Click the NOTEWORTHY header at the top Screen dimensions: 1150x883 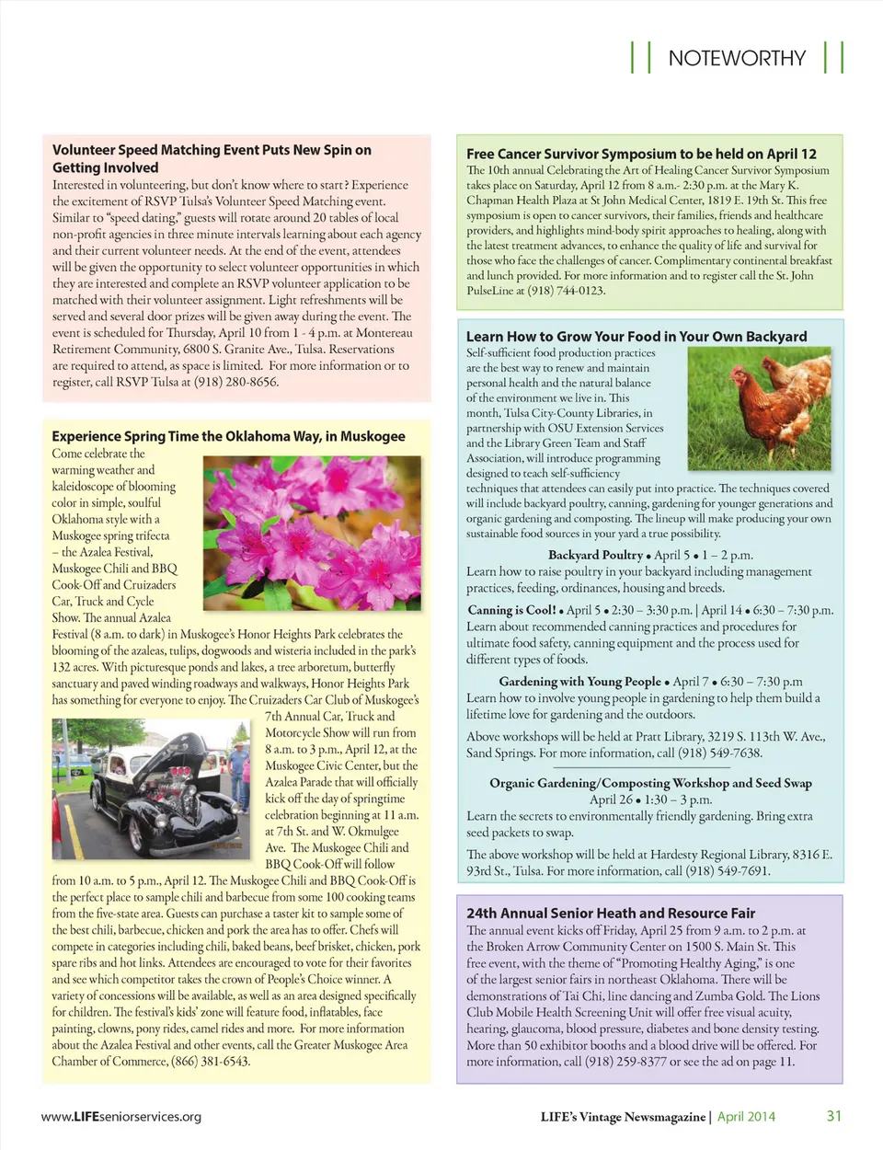point(737,58)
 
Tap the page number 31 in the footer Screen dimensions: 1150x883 point(834,1116)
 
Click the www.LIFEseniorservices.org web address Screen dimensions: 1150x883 point(121,1117)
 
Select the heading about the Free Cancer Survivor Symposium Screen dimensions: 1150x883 point(641,154)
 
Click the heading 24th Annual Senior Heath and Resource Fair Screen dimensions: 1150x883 point(611,913)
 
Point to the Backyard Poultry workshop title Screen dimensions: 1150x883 point(595,555)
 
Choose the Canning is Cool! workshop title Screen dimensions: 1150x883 point(512,610)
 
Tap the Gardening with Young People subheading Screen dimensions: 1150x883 point(579,682)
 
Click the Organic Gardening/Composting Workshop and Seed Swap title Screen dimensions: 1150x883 point(650,783)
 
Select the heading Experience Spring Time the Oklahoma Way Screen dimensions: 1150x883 point(228,436)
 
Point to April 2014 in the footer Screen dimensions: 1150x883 point(746,1117)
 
